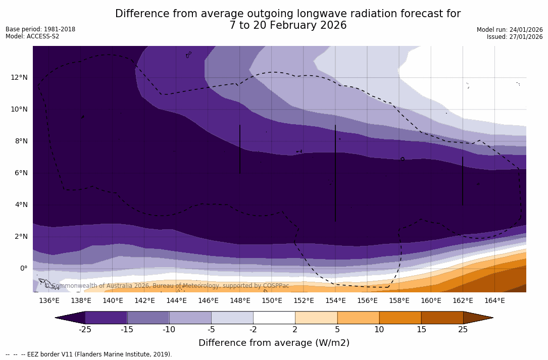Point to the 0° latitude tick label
point(23,268)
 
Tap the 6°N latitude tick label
point(20,173)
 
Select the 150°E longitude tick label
point(272,301)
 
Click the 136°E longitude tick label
point(49,301)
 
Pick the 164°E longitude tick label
point(494,301)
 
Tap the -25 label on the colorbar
point(85,330)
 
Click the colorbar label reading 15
point(421,330)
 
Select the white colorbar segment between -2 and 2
point(274,318)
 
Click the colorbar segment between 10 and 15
point(400,318)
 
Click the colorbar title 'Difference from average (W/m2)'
point(274,343)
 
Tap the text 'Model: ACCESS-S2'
point(32,36)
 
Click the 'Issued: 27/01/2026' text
point(515,37)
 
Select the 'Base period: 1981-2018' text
point(40,29)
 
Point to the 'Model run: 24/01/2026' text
point(510,30)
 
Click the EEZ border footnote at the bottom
point(88,354)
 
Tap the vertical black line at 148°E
point(239,149)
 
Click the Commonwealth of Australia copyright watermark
point(167,286)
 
